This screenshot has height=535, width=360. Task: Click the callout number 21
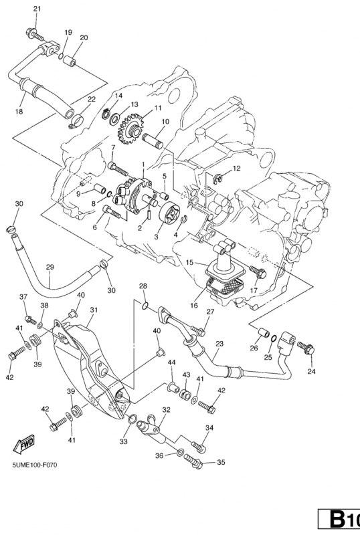point(37,9)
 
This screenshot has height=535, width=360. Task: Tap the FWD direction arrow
point(24,444)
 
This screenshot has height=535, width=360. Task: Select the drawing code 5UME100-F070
point(35,465)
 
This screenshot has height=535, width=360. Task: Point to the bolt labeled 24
point(306,347)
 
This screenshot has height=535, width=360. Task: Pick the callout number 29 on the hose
point(50,267)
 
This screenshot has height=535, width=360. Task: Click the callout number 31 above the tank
point(94,310)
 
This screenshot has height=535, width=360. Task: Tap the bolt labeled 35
point(193,461)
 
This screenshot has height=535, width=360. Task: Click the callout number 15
point(190,262)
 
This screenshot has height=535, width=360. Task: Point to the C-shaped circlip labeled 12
point(218,177)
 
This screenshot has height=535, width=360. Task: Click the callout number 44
point(171,362)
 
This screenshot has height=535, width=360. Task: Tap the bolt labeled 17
point(258,272)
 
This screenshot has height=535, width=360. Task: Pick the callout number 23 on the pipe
point(219,344)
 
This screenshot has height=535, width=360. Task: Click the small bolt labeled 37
point(30,320)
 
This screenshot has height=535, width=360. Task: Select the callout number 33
point(123,441)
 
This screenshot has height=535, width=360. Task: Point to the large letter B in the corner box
point(337,519)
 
